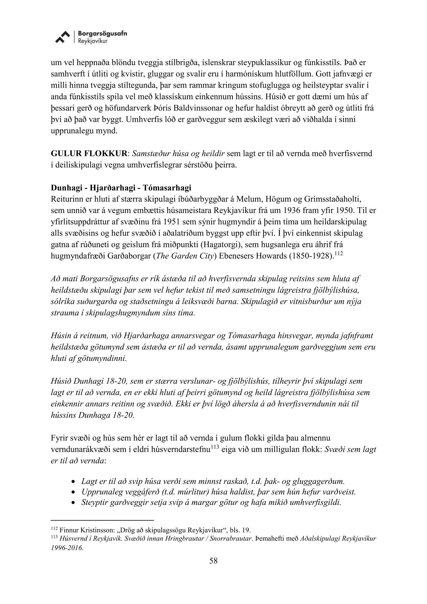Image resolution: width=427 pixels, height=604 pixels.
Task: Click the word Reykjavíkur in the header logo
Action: click(x=90, y=41)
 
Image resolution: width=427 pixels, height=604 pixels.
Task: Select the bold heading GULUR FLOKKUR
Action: click(x=89, y=154)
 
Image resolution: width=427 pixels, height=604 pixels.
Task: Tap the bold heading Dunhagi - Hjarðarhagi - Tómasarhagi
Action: click(x=121, y=188)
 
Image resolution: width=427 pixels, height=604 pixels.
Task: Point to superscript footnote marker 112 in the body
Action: click(x=338, y=253)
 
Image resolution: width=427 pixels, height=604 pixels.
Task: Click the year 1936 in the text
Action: click(x=269, y=211)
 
